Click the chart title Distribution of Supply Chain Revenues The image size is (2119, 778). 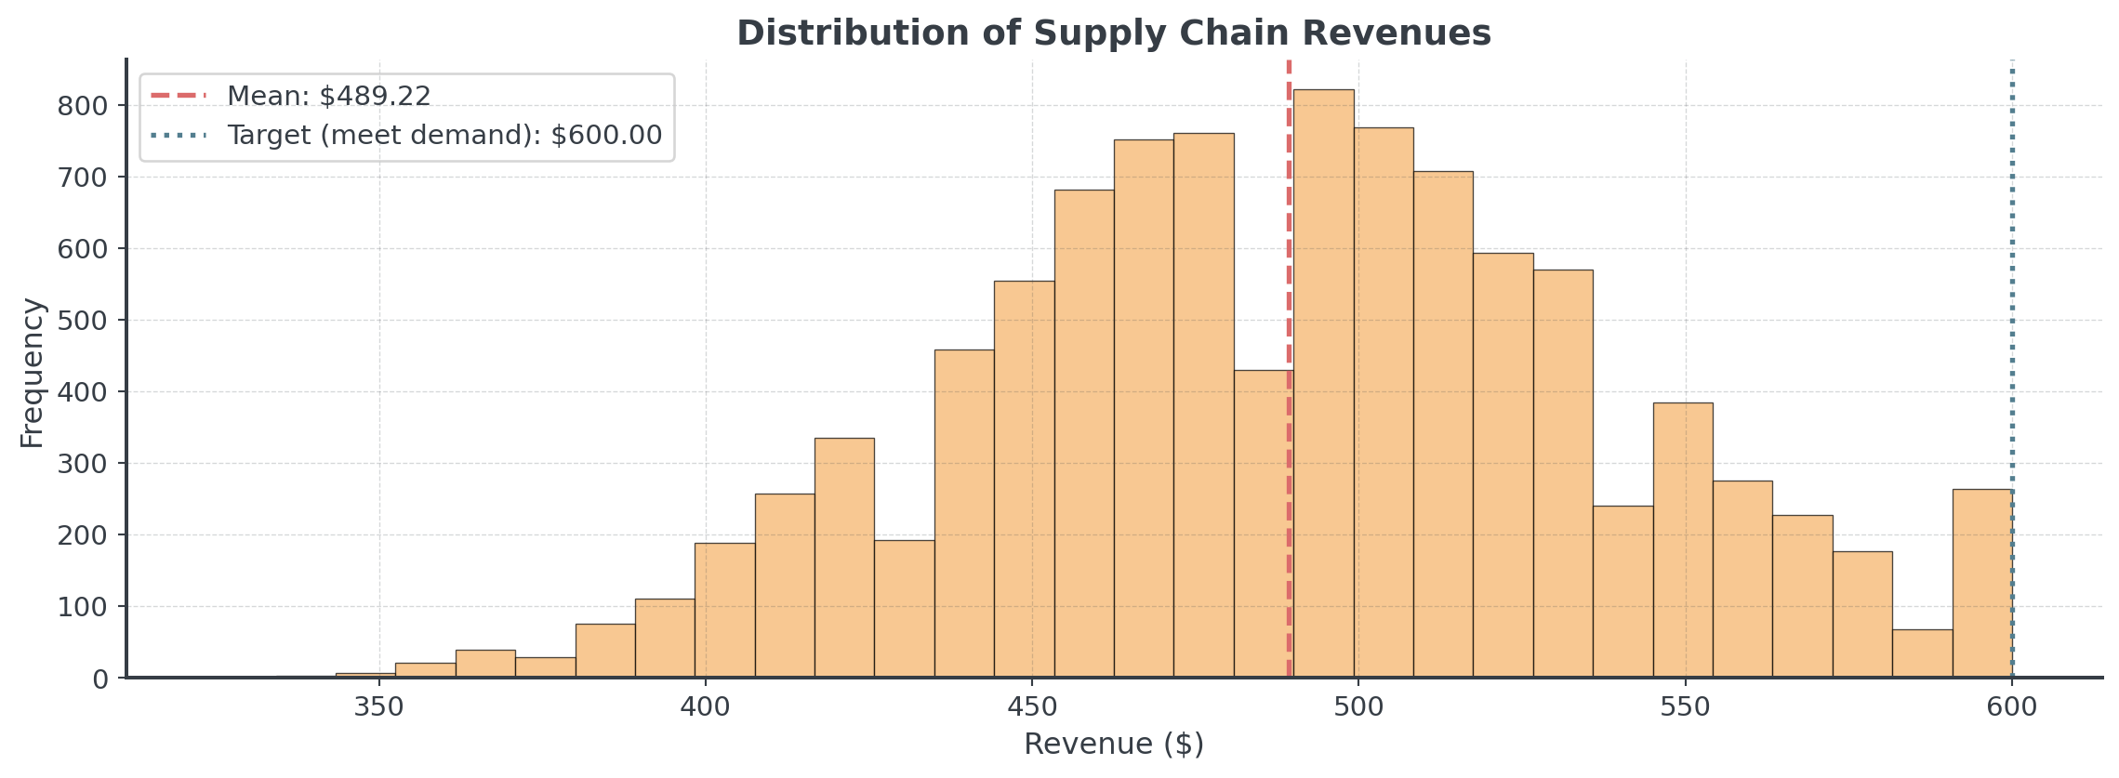(1113, 33)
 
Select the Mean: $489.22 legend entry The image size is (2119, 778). (328, 96)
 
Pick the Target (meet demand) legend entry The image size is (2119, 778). (444, 136)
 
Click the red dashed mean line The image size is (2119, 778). (1290, 279)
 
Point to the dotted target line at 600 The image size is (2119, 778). (2012, 279)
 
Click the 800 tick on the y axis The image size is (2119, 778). (83, 106)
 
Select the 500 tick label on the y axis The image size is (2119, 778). (83, 321)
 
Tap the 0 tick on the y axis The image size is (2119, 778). (99, 679)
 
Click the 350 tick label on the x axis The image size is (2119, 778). (379, 707)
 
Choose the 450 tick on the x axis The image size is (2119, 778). (1032, 707)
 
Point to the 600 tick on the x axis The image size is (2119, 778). (2012, 707)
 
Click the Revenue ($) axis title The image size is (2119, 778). (1113, 745)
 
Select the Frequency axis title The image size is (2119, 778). (32, 372)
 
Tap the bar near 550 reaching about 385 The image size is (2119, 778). (1683, 539)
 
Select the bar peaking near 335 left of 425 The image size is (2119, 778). (844, 558)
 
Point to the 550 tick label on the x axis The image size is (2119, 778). (1685, 707)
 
